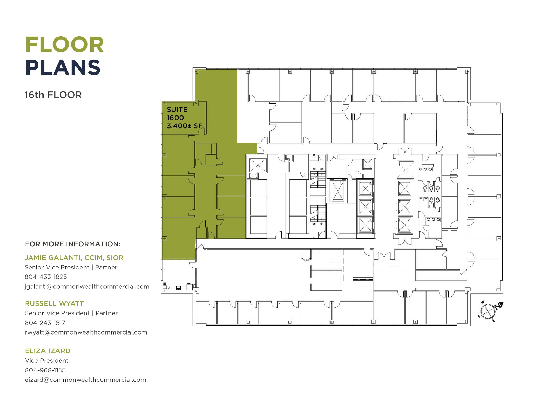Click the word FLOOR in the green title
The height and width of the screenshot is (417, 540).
coord(65,45)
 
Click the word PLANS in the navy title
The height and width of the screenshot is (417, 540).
coord(63,68)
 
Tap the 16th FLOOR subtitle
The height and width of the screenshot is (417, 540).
coord(53,95)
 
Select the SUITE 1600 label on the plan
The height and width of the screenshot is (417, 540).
coord(177,114)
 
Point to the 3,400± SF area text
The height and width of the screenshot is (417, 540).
coord(185,126)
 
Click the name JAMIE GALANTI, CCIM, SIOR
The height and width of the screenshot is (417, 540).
coord(74,258)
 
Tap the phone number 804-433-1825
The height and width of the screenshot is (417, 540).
coord(46,277)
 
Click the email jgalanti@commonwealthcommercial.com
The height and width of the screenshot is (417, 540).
coord(87,287)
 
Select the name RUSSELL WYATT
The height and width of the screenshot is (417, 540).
coord(54,303)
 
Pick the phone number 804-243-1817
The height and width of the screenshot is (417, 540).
coord(45,323)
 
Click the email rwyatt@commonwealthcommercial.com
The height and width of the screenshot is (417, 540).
coord(86,332)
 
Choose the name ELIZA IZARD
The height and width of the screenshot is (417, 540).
coord(48,351)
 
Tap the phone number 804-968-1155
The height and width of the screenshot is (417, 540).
coord(45,370)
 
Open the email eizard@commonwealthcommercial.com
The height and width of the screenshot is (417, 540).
coord(85,380)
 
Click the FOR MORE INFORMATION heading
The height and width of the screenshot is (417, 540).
coord(73,244)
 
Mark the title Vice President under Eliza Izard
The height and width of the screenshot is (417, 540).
coord(47,361)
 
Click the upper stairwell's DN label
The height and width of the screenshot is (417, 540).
coord(314,169)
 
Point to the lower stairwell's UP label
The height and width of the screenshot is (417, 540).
coord(322,224)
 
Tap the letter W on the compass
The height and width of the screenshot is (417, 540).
coord(483,302)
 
